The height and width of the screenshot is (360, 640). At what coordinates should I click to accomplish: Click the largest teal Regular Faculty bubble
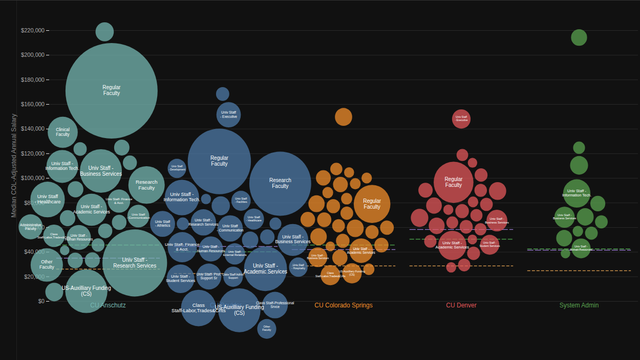pyautogui.click(x=111, y=90)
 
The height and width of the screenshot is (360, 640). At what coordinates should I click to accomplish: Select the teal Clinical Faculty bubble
pyautogui.click(x=62, y=131)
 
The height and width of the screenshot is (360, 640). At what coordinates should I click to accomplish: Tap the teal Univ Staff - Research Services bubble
pyautogui.click(x=134, y=263)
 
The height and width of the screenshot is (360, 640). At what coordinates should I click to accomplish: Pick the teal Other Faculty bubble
pyautogui.click(x=47, y=265)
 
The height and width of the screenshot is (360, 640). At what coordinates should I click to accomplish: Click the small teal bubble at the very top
pyautogui.click(x=104, y=32)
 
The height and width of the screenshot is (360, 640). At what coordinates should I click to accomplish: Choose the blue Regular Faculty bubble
pyautogui.click(x=219, y=161)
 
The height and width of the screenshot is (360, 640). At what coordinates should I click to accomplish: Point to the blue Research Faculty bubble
pyautogui.click(x=280, y=183)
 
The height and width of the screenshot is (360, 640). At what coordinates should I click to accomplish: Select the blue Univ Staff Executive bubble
pyautogui.click(x=229, y=115)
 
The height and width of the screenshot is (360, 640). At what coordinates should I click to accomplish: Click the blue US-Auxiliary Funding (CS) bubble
pyautogui.click(x=239, y=310)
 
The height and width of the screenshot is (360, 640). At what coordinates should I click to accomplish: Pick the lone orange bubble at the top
pyautogui.click(x=343, y=117)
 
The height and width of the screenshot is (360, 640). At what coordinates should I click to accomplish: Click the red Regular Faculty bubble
pyautogui.click(x=453, y=181)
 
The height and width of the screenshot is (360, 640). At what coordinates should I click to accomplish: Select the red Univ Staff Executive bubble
pyautogui.click(x=461, y=118)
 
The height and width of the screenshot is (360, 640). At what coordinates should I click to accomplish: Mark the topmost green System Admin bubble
pyautogui.click(x=579, y=38)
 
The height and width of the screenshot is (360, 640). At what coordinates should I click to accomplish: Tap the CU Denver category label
pyautogui.click(x=461, y=305)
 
